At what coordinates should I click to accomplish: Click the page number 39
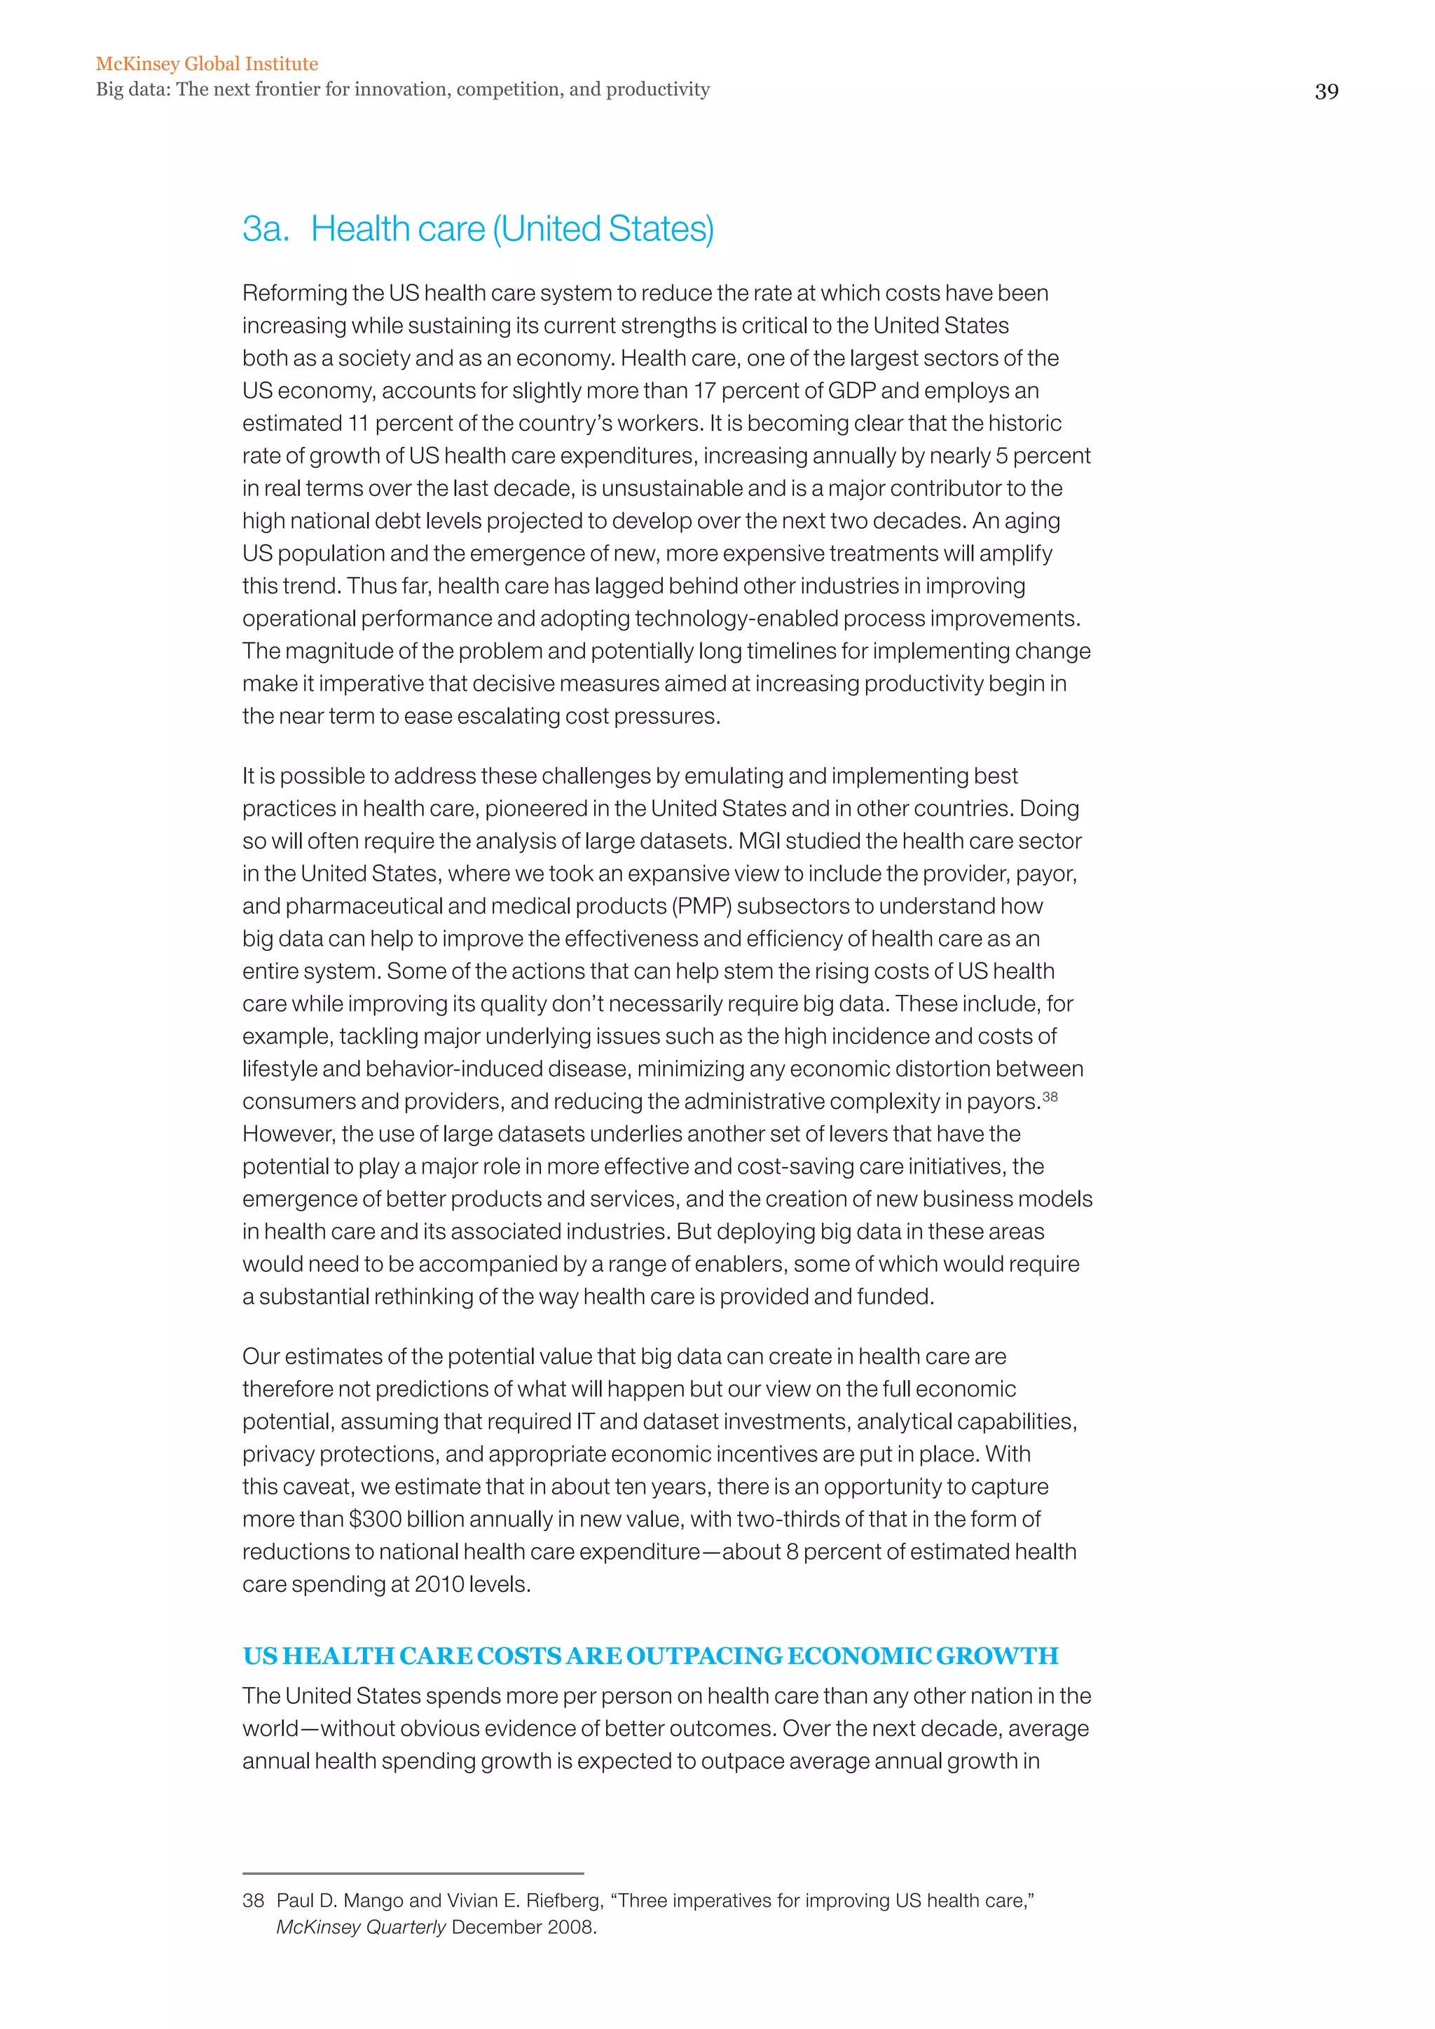1326,92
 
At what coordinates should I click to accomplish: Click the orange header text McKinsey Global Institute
207,64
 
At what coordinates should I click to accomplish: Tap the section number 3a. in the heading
265,230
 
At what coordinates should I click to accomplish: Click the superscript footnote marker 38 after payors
1050,1096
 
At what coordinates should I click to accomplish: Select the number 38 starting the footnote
253,1901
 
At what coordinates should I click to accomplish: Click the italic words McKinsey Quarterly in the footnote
361,1927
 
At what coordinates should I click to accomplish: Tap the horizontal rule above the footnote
413,1873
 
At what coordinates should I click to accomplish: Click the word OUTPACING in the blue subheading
704,1656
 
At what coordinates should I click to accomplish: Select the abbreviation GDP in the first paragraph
852,391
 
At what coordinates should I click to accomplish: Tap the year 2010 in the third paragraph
439,1585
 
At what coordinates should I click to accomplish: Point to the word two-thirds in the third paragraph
785,1520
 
